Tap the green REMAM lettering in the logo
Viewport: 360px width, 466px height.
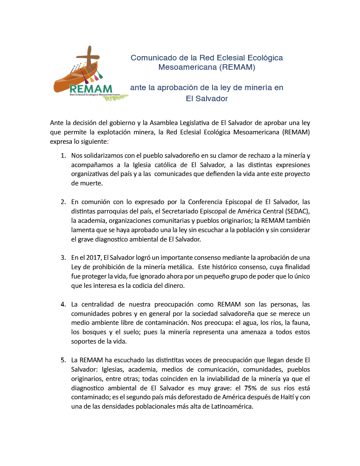pos(91,89)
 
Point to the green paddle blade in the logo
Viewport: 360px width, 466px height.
pos(101,76)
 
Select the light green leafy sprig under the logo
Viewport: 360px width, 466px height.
pos(116,97)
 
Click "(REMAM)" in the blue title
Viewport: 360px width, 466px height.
pos(232,67)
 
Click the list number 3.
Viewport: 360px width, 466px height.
pos(63,257)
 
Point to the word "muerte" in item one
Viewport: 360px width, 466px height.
pos(81,184)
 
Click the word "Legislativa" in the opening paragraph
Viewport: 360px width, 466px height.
pos(199,123)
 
